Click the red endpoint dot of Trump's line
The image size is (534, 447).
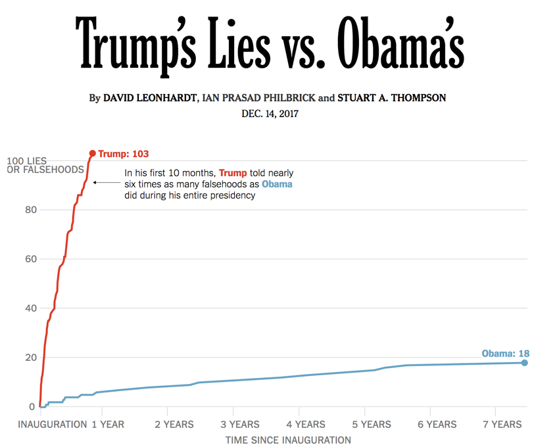point(92,154)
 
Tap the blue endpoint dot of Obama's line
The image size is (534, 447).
point(525,363)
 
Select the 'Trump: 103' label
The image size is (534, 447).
point(124,154)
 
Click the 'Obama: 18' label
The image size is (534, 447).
point(505,354)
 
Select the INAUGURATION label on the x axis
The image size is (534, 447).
point(53,425)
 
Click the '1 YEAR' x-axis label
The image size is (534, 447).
point(108,425)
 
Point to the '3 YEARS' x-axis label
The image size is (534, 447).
point(240,425)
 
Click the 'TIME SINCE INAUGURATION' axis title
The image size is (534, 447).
point(288,440)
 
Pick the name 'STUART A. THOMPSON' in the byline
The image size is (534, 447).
point(392,98)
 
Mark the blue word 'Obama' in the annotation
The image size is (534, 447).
point(277,184)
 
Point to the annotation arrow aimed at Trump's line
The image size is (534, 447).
point(105,183)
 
